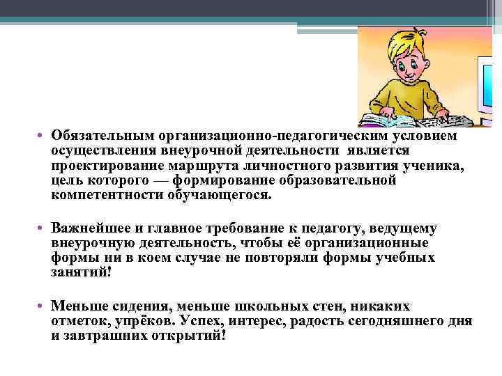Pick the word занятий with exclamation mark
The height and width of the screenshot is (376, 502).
(x=82, y=273)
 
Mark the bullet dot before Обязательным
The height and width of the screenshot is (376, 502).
(x=43, y=136)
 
